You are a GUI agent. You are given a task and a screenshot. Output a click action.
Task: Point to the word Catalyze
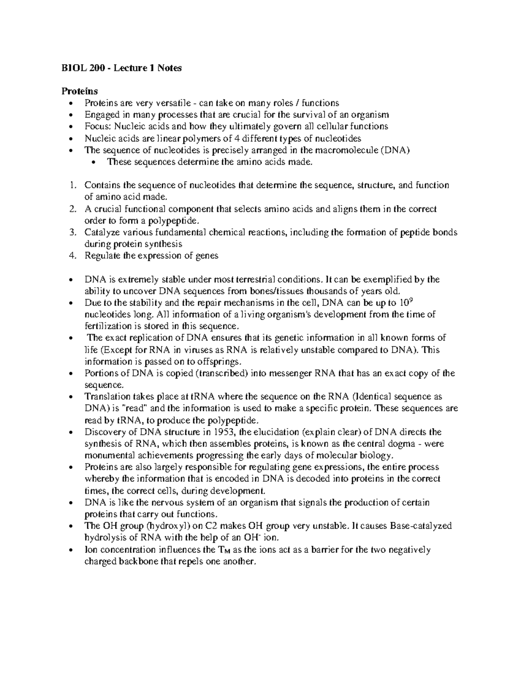[x=100, y=233]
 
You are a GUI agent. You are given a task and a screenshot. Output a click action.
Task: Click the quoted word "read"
[x=137, y=408]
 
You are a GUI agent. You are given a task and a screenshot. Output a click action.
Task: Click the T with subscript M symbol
[x=221, y=550]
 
